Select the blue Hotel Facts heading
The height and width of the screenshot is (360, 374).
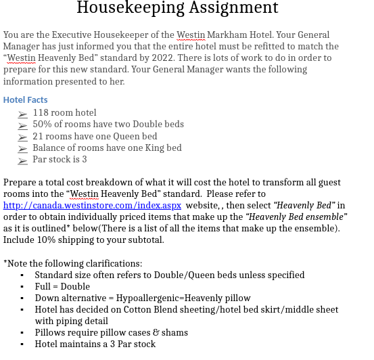[x=25, y=100]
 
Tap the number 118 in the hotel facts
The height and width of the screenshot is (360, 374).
[x=41, y=112]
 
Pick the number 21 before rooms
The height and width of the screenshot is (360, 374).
[x=38, y=136]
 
